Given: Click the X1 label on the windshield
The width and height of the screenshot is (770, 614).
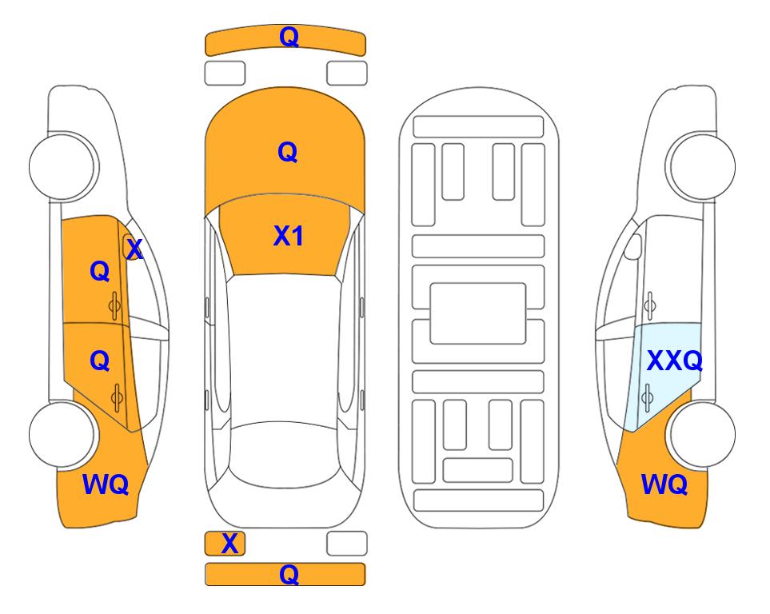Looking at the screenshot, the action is pyautogui.click(x=289, y=236).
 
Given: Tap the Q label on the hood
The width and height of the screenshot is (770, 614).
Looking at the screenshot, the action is pyautogui.click(x=288, y=152).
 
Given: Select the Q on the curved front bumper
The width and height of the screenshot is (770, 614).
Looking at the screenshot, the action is pyautogui.click(x=289, y=37).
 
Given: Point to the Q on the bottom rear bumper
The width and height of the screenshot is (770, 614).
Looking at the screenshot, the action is pyautogui.click(x=289, y=574).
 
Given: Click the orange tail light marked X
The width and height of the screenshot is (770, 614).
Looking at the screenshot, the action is pyautogui.click(x=225, y=544).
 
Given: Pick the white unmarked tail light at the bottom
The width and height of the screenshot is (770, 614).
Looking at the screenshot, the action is pyautogui.click(x=347, y=544).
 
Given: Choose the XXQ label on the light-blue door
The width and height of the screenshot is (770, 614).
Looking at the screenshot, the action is pyautogui.click(x=675, y=361).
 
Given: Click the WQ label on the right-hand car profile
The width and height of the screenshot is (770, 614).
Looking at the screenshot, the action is pyautogui.click(x=664, y=484).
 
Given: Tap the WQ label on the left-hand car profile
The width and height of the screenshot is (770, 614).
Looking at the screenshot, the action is pyautogui.click(x=106, y=484).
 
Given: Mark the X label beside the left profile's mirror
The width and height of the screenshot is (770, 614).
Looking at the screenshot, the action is pyautogui.click(x=134, y=249).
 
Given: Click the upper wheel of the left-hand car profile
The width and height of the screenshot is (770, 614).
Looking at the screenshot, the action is pyautogui.click(x=62, y=166).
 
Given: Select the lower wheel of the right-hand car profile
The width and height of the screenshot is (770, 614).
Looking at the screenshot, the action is pyautogui.click(x=702, y=434).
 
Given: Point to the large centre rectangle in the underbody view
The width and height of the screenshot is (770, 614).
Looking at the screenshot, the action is pyautogui.click(x=478, y=313).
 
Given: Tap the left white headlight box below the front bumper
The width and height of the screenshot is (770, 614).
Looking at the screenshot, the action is pyautogui.click(x=225, y=74).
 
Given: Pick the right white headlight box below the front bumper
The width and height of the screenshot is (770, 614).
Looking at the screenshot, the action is pyautogui.click(x=347, y=74).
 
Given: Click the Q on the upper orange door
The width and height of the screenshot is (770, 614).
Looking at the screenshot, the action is pyautogui.click(x=100, y=271).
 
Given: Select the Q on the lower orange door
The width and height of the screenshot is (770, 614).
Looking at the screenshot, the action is pyautogui.click(x=100, y=361).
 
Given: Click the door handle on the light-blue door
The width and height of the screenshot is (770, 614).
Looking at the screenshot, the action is pyautogui.click(x=648, y=397).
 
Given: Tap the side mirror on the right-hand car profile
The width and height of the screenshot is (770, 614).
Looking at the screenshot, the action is pyautogui.click(x=633, y=246).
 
